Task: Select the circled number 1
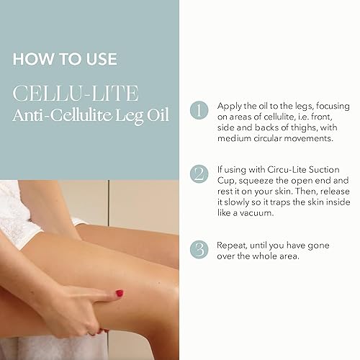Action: (x=198, y=110)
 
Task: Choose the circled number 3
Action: (x=198, y=251)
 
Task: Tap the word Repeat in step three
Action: (x=232, y=246)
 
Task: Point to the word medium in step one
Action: (x=233, y=139)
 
